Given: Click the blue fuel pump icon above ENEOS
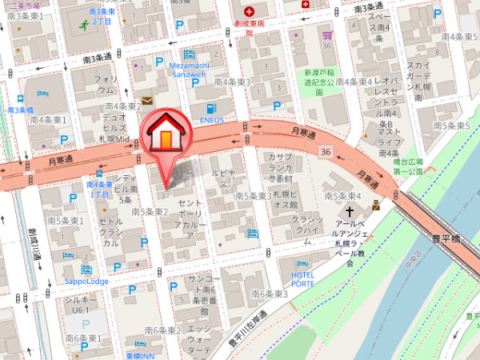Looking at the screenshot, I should [210, 109].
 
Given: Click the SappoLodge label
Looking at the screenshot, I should [86, 282].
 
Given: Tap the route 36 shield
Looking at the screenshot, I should [324, 150].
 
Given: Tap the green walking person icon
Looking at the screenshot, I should [84, 26].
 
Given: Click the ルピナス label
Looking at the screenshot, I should [222, 174].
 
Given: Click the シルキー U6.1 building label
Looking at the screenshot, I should [79, 303].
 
